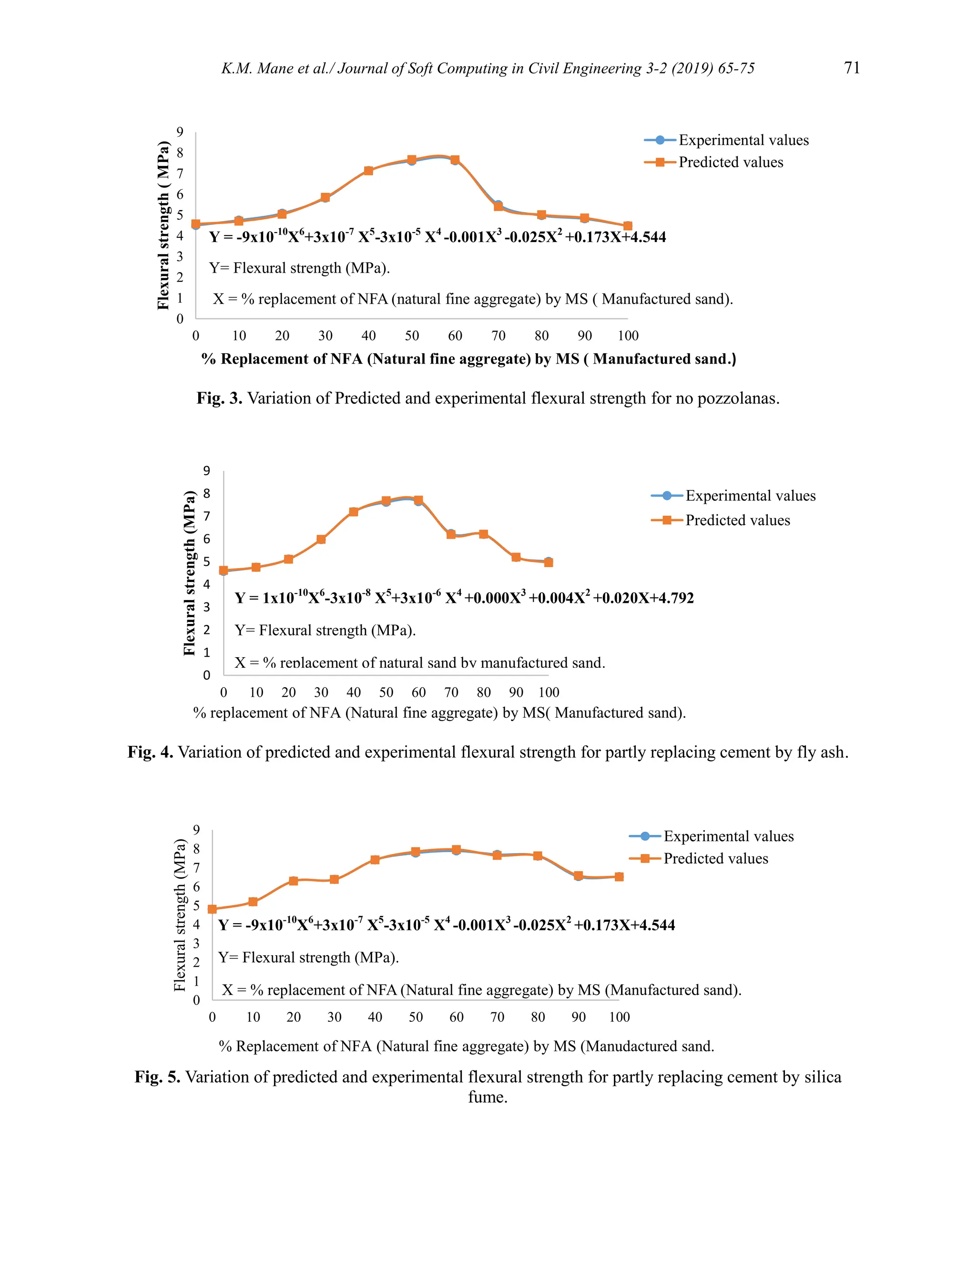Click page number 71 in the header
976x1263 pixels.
(x=852, y=68)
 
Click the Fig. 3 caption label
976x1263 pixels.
(x=219, y=398)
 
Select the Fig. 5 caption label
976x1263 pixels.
(x=157, y=1077)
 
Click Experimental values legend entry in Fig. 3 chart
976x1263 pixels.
(x=743, y=140)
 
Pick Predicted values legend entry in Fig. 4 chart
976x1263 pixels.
(x=737, y=520)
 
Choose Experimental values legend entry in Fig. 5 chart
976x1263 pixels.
(x=728, y=836)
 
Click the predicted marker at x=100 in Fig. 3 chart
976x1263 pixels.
(x=627, y=226)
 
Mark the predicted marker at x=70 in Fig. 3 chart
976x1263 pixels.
(x=498, y=206)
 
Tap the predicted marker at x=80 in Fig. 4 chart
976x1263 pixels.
(x=483, y=534)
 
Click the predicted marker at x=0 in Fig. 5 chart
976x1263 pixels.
(x=212, y=909)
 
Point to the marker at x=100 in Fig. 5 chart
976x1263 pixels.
(x=619, y=876)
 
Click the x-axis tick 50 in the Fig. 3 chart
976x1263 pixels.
(x=412, y=336)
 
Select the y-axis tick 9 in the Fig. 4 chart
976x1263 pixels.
(x=206, y=471)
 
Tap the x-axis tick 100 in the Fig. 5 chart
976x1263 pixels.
(x=619, y=1017)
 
